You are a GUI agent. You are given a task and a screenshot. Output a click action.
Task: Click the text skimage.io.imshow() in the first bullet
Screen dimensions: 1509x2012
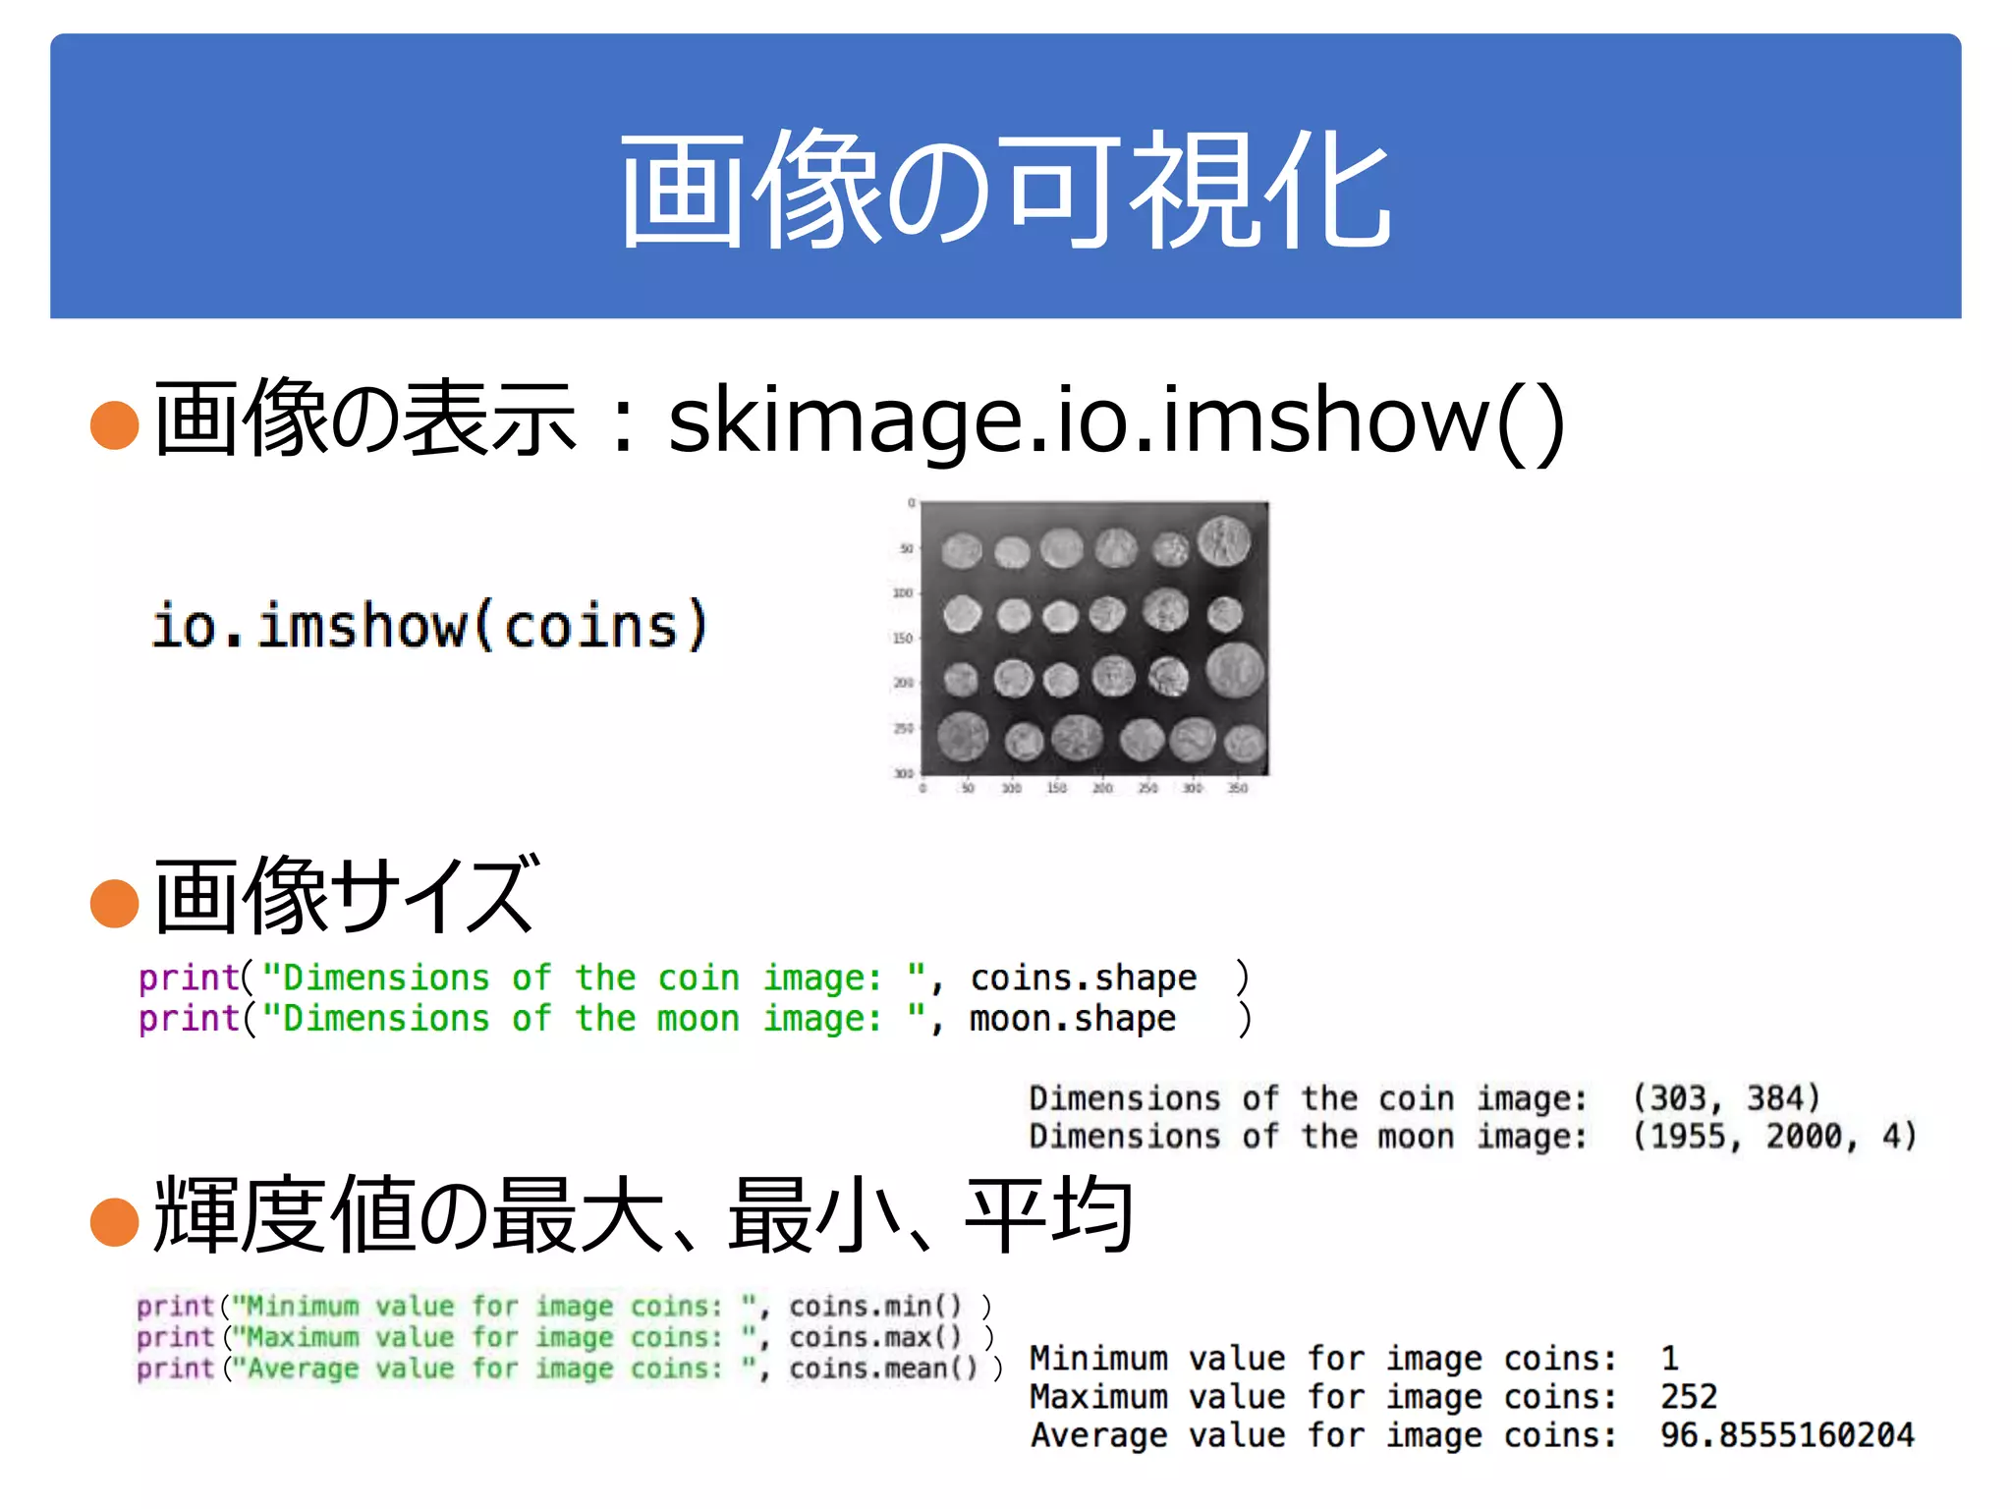click(x=1115, y=420)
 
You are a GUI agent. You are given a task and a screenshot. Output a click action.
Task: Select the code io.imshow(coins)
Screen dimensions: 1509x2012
click(x=429, y=625)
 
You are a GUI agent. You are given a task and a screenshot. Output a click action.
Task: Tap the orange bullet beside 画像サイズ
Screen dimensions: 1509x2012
click(x=114, y=903)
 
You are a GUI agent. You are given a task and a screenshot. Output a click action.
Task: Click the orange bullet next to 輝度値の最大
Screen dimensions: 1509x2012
click(x=114, y=1221)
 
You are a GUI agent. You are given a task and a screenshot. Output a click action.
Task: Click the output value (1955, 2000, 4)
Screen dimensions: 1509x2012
click(x=1773, y=1137)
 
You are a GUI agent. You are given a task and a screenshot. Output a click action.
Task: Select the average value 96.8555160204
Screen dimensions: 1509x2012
click(x=1786, y=1435)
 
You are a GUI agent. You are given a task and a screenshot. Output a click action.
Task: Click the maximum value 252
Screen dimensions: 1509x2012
click(x=1688, y=1397)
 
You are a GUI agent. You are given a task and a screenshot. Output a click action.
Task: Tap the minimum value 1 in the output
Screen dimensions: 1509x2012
click(x=1669, y=1359)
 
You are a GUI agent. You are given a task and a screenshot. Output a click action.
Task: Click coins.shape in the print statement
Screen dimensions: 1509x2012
click(x=1083, y=978)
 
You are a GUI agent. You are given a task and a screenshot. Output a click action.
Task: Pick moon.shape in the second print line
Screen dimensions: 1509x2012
click(x=1072, y=1019)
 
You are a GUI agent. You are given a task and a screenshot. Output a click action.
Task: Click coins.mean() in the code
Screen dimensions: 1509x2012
click(x=883, y=1369)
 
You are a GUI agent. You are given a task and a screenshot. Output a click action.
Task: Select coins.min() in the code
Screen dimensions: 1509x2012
click(x=874, y=1307)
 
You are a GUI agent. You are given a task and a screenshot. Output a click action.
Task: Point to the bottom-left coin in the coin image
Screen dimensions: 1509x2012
click(x=962, y=737)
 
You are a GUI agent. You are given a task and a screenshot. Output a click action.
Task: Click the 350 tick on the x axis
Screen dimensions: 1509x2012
click(x=1238, y=788)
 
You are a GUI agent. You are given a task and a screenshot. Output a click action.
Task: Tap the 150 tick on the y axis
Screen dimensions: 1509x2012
click(x=902, y=639)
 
